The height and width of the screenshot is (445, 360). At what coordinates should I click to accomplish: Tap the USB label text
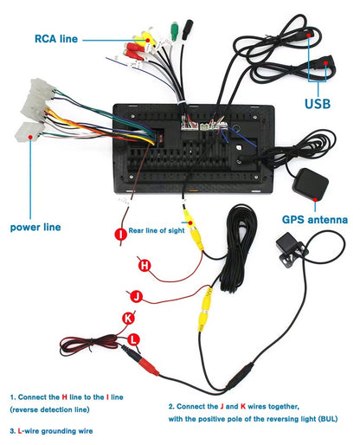coord(317,104)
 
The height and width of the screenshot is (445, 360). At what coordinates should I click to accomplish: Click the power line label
coord(35,228)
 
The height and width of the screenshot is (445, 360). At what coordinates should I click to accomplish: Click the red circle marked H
coord(145,265)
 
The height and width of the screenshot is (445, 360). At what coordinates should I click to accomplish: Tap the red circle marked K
coord(128,318)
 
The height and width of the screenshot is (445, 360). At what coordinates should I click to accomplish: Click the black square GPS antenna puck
coord(310,184)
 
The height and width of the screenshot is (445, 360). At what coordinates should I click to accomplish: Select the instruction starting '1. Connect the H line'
coord(66,396)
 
